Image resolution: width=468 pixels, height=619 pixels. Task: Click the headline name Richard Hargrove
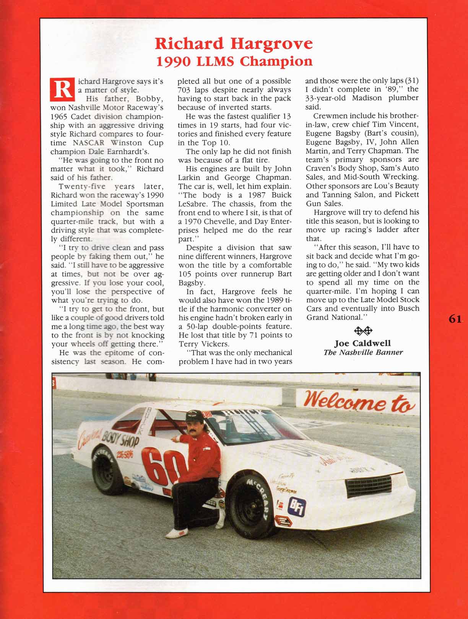(234, 44)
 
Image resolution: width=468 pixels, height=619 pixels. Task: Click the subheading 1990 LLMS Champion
(234, 61)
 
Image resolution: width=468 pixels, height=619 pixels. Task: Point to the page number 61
(455, 319)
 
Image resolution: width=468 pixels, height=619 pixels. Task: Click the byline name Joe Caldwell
(362, 343)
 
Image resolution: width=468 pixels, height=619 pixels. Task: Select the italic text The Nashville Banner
(363, 352)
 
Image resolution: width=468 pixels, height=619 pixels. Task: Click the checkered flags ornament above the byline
(363, 330)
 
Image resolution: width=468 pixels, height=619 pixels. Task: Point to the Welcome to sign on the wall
(359, 401)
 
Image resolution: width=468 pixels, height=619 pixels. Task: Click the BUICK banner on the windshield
(242, 413)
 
